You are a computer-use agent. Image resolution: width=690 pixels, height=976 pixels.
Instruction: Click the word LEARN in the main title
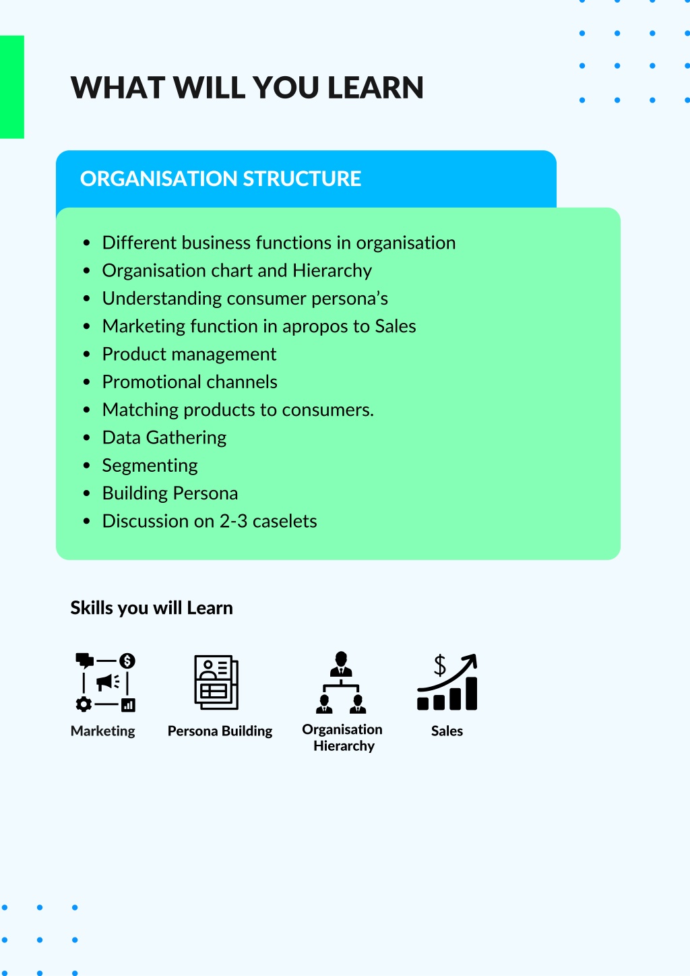pos(375,88)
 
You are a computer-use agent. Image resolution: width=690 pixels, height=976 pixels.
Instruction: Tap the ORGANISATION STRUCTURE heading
pos(220,179)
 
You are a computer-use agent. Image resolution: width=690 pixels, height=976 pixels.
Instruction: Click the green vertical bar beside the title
pos(11,87)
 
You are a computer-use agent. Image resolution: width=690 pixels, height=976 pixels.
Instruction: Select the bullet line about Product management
pos(189,355)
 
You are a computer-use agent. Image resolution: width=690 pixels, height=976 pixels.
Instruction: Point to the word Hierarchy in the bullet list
pos(332,270)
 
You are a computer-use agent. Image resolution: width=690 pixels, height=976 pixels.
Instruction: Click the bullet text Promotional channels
pos(189,382)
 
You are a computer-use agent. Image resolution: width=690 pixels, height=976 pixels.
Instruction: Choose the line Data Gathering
pos(164,438)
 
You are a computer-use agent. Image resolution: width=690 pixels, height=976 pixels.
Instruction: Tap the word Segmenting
pos(150,466)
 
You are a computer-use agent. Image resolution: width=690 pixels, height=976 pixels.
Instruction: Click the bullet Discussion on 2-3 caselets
pos(210,521)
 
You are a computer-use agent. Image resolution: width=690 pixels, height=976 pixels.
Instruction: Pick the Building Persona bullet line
pos(170,493)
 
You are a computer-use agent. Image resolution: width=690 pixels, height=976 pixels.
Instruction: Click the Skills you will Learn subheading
pos(152,608)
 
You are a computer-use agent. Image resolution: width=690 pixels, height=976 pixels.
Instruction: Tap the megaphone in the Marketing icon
pos(108,682)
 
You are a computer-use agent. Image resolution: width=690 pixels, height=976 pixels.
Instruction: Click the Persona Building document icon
pos(216,682)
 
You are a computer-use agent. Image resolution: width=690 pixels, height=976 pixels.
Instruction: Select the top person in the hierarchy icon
pos(341,664)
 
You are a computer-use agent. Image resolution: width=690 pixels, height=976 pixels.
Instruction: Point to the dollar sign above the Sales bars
pos(440,665)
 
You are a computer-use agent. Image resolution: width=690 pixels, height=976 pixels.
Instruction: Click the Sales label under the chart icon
pos(447,731)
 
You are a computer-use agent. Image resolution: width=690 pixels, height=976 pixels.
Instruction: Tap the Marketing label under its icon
pos(103,731)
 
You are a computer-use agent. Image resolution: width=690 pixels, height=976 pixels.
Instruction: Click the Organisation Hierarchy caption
pos(342,737)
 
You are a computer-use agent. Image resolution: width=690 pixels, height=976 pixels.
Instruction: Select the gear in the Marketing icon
pos(84,704)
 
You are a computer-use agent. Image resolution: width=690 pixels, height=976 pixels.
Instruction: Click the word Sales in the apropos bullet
pos(396,326)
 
